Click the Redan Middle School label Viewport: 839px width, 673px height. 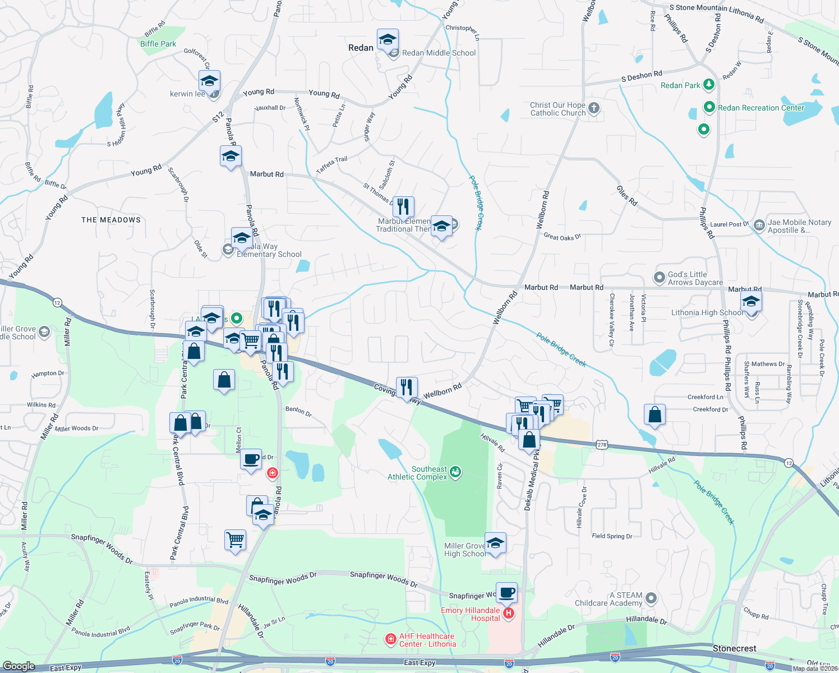tap(439, 53)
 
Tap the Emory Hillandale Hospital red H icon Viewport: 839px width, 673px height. tap(509, 614)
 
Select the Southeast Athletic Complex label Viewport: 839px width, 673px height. tap(418, 473)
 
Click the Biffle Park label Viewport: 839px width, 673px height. tap(158, 44)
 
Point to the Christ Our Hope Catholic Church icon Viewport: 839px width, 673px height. tap(594, 108)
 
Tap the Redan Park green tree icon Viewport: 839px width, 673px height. tap(709, 85)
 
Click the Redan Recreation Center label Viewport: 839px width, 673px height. tap(760, 108)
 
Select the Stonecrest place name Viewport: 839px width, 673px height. tap(734, 648)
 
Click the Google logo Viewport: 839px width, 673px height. tap(19, 666)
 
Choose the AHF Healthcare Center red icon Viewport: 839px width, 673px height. tap(390, 639)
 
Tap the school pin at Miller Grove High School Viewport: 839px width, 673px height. tap(495, 543)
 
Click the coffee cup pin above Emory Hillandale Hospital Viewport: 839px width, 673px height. tap(506, 593)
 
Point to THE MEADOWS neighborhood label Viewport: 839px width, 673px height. tap(111, 220)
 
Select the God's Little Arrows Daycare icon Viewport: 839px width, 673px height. tap(660, 278)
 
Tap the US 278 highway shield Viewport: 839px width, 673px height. tap(601, 444)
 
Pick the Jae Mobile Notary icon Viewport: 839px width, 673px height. tap(759, 225)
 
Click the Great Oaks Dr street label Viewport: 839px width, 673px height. tap(562, 237)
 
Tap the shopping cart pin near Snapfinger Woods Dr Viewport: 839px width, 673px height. tap(236, 540)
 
